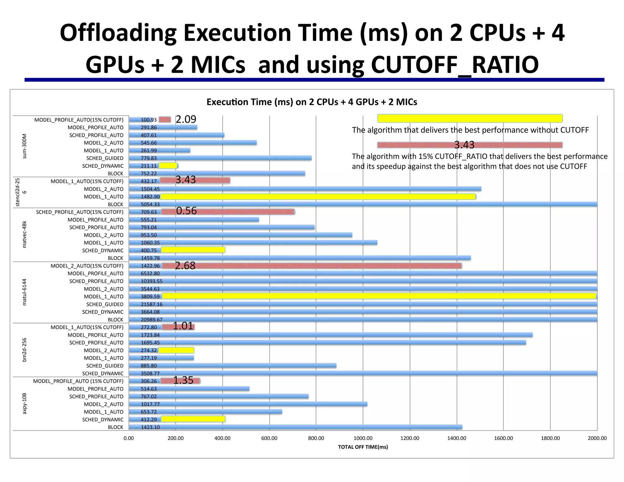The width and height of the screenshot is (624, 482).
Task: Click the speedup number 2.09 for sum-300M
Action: (186, 119)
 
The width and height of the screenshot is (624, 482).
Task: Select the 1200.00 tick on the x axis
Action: (409, 438)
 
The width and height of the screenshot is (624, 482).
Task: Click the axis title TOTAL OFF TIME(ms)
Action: (363, 447)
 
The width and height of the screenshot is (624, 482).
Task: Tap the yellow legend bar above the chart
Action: (470, 118)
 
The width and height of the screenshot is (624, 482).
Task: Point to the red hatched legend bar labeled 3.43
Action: (470, 145)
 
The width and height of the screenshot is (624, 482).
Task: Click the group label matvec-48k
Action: (25, 234)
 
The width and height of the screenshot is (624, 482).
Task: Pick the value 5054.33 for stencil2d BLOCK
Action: (150, 204)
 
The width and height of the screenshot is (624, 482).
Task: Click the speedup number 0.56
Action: (186, 211)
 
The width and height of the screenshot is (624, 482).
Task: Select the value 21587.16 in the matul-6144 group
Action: (151, 304)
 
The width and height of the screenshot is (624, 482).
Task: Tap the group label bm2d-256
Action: (25, 350)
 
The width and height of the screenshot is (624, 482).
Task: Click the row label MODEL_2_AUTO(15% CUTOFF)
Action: (87, 266)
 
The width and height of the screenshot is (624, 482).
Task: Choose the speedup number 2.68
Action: (185, 266)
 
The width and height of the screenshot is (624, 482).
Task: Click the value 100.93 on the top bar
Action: (148, 120)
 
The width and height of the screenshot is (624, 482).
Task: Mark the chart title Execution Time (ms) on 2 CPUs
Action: (311, 102)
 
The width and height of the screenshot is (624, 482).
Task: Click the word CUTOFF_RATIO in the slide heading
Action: (455, 65)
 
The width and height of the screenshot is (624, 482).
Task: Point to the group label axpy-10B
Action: (25, 403)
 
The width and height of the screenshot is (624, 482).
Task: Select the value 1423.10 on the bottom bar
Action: (150, 427)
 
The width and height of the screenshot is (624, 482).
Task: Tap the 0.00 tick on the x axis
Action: (129, 438)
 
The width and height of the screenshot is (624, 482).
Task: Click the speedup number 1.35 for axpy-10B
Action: (183, 380)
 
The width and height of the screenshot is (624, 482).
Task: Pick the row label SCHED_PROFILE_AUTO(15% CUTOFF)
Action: (80, 212)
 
